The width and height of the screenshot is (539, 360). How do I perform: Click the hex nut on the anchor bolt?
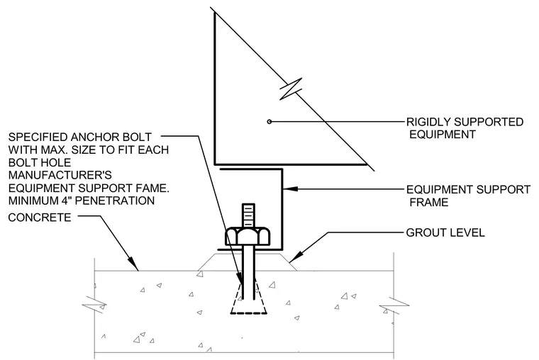click(248, 236)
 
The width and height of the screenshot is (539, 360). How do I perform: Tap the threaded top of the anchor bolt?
click(248, 215)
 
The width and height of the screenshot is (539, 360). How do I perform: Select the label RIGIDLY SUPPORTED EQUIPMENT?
click(465, 128)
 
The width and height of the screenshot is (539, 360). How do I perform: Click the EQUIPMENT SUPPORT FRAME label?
click(468, 196)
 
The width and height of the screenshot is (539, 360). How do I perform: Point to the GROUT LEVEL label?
click(445, 232)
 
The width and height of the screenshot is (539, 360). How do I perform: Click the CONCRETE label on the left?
click(40, 218)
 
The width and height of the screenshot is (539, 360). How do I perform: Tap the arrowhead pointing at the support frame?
click(290, 189)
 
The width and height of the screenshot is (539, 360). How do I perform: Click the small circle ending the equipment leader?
click(269, 122)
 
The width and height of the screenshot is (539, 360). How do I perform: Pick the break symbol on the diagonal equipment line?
click(291, 89)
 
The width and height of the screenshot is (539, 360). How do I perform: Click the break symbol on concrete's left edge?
click(94, 304)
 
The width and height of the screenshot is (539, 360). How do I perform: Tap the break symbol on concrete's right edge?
click(394, 305)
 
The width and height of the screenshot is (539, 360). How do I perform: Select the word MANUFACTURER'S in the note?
click(60, 175)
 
